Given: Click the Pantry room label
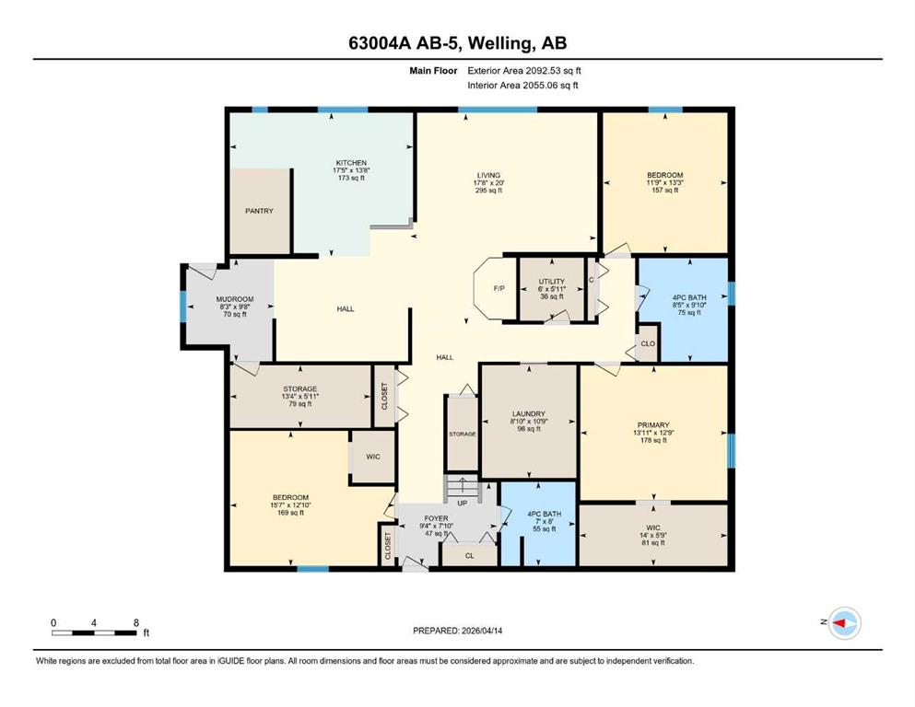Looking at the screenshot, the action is pos(259,211).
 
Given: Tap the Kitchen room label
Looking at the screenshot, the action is pos(351,163).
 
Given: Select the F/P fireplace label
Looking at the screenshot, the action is pos(499,288).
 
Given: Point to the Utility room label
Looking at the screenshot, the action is pos(551,282).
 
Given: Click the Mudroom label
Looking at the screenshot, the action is pos(235,299).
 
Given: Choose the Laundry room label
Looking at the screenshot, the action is pos(529,414).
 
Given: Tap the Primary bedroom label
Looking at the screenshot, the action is pos(653,425).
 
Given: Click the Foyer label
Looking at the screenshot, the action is pos(436,518).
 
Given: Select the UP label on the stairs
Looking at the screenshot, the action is pos(463,503).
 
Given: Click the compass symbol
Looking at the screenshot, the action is pos(845,623).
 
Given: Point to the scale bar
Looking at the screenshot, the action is pos(95,632).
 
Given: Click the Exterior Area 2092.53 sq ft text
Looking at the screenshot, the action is pos(524,71).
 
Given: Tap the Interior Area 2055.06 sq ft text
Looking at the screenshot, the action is pos(522,85).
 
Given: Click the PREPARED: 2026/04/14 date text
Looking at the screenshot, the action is pos(457,631).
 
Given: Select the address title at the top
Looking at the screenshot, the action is pos(457,43).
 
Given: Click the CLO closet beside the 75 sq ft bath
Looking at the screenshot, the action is pos(648,344).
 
